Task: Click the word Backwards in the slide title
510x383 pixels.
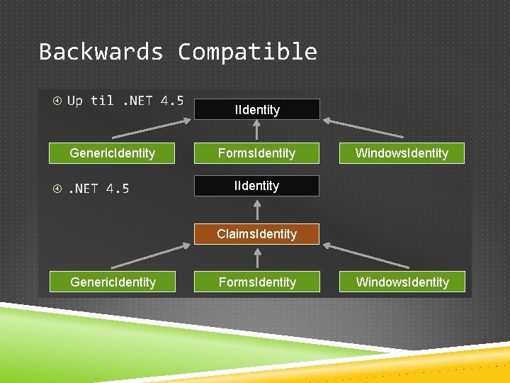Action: (x=101, y=52)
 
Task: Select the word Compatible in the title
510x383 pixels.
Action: (x=247, y=52)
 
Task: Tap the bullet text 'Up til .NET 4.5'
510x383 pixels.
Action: (x=125, y=101)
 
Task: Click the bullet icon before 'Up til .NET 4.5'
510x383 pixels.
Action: (x=57, y=101)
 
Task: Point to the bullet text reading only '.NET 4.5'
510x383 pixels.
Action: (x=98, y=189)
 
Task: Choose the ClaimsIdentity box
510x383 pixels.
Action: (x=256, y=234)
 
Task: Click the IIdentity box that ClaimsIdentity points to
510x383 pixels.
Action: (x=256, y=186)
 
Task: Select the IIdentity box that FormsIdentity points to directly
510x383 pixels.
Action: (x=256, y=109)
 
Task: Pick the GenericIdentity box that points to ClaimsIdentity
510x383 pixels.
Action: (x=113, y=282)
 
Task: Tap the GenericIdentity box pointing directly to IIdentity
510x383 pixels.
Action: (x=112, y=153)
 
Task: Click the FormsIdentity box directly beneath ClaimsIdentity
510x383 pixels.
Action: (x=256, y=282)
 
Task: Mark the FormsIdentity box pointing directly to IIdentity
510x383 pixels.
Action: (x=256, y=153)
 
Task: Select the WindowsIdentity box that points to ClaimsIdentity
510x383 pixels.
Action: (x=402, y=282)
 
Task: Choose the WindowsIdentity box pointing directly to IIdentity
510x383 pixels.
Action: (x=401, y=153)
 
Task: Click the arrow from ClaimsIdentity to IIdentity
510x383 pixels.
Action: (x=256, y=209)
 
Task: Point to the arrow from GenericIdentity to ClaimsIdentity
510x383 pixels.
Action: (x=152, y=256)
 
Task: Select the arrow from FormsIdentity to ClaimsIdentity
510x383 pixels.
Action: (x=256, y=257)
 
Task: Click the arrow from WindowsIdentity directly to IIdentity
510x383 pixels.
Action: (x=363, y=128)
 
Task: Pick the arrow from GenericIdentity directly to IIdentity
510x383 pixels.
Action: (x=152, y=128)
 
